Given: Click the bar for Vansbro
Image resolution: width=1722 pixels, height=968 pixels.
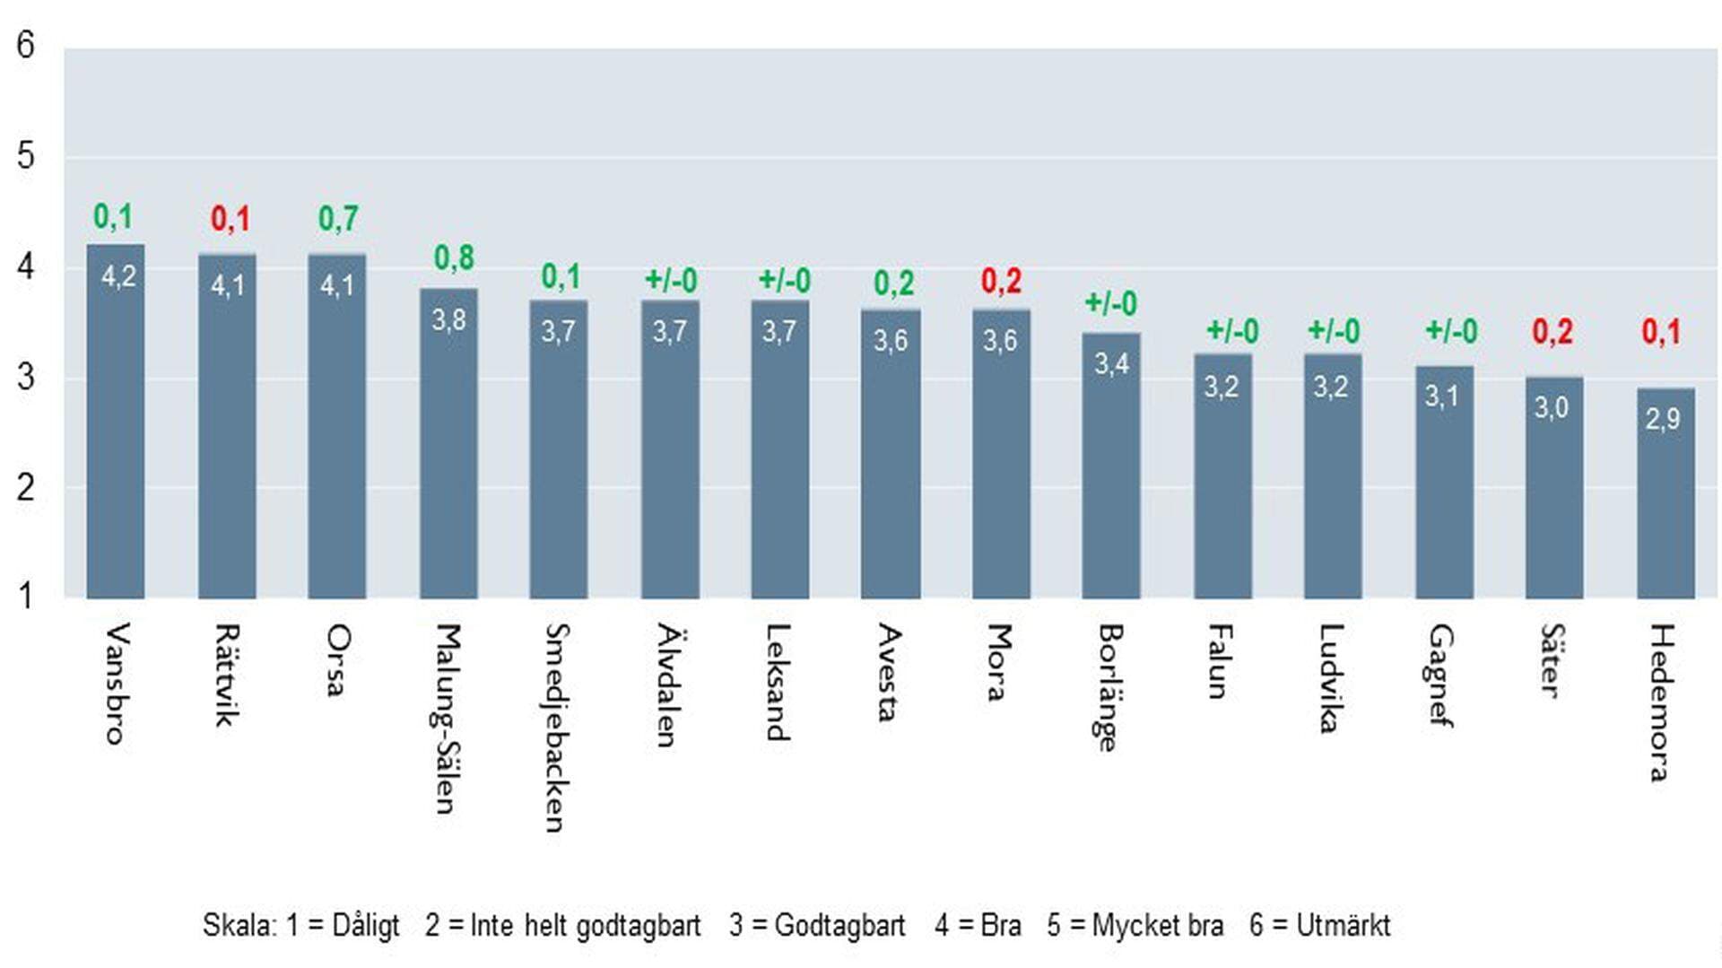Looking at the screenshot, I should pos(116,422).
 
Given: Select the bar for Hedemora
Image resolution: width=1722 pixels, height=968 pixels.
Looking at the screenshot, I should pos(1665,493).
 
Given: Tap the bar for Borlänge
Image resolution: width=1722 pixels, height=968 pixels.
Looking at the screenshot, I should pos(1110,467).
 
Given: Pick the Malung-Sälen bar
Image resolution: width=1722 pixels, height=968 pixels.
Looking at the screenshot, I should pos(448,444).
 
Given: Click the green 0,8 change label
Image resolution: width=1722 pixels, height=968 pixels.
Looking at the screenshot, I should pos(454,258).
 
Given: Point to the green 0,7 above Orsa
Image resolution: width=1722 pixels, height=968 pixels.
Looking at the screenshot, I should pos(338,218).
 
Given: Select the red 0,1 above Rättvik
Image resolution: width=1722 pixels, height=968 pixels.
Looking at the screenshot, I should pos(230,219).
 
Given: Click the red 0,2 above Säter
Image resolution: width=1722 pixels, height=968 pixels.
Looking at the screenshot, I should pos(1552,332).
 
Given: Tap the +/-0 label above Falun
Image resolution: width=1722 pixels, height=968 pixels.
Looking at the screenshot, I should pos(1232,331).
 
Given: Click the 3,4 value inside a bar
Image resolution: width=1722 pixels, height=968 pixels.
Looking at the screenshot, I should pos(1111,363).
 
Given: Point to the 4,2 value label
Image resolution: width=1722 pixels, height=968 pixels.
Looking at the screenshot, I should pos(118,276).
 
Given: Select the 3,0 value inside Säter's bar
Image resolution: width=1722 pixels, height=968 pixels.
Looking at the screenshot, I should pos(1552,408).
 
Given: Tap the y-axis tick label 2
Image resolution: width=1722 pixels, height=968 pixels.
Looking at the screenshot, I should pos(26,488).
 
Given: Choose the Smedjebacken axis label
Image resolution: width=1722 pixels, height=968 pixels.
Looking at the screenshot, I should pos(557,728).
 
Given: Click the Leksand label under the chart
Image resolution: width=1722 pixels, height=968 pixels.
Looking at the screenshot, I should pos(778,682).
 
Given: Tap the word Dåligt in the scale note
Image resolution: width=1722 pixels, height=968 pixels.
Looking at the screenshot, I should pos(365,925).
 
